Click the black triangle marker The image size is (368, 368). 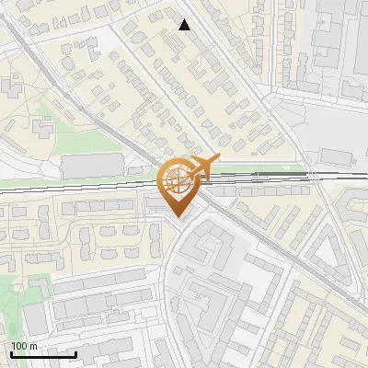185,25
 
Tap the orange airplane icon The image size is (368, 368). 204,166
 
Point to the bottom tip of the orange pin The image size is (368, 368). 178,218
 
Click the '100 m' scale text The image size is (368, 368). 25,346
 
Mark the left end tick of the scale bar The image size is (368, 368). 11,354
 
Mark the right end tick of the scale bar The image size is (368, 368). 76,354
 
